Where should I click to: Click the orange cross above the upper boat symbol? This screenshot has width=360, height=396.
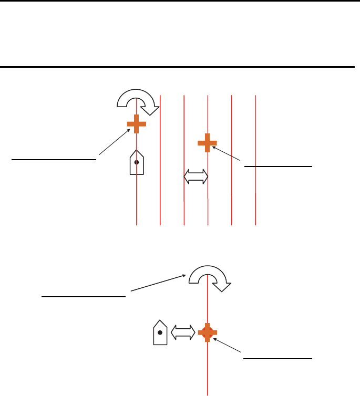coord(137,124)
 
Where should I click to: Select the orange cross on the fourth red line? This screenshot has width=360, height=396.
coord(208,142)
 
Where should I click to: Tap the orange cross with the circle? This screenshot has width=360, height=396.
coord(208,332)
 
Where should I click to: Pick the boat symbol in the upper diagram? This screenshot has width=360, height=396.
coord(137,163)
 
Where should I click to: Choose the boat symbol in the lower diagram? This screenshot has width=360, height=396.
coord(160,333)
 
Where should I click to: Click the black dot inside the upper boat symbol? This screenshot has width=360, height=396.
coord(137,163)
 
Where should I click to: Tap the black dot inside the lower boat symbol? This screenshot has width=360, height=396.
coord(160,332)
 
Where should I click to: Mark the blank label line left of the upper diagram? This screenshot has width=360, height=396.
coord(55,157)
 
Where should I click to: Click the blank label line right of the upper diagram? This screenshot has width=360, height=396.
coord(279,165)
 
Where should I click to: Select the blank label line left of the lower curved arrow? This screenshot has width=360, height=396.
coord(84,296)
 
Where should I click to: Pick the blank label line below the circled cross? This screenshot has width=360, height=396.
coord(279,358)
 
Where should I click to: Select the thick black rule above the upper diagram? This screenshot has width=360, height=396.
coord(179,67)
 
